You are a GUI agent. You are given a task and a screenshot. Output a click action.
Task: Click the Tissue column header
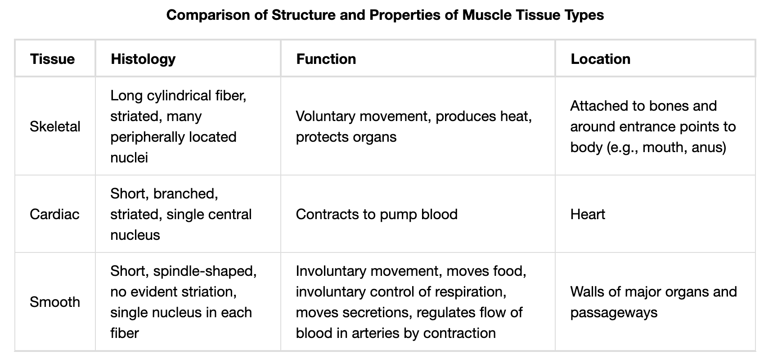coord(52,59)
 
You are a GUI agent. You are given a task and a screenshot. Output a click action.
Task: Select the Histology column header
coord(143,59)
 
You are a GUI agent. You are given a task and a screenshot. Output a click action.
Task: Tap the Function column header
coord(326,59)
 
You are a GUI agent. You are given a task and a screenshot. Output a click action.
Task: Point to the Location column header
coord(600,59)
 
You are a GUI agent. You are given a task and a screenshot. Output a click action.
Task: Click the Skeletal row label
coord(55,126)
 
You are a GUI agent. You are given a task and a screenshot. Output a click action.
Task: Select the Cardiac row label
coord(54,214)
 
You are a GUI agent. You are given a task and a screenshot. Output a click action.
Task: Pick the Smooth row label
coord(55,302)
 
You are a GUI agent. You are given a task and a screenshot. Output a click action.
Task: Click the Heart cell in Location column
coord(587,214)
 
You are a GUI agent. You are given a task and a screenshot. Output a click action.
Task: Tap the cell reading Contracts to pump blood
coord(377,214)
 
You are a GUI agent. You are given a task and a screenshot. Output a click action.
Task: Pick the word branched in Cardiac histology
coord(185,193)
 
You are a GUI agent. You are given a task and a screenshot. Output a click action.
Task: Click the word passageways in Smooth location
coord(614,312)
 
